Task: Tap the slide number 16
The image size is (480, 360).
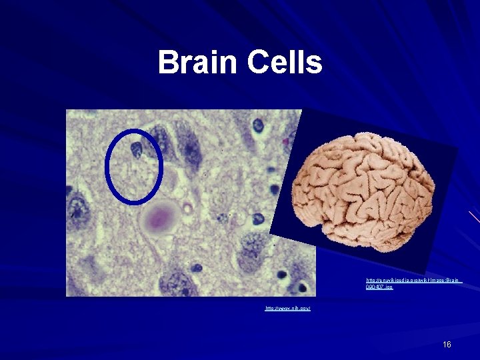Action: (x=447, y=344)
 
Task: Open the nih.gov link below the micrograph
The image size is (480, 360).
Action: (x=288, y=309)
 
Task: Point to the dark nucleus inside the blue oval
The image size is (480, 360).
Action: (x=137, y=149)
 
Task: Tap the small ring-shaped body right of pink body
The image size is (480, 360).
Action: (x=189, y=209)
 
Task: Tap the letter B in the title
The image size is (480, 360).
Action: (x=167, y=63)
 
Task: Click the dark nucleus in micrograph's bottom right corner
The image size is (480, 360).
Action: (x=303, y=289)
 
